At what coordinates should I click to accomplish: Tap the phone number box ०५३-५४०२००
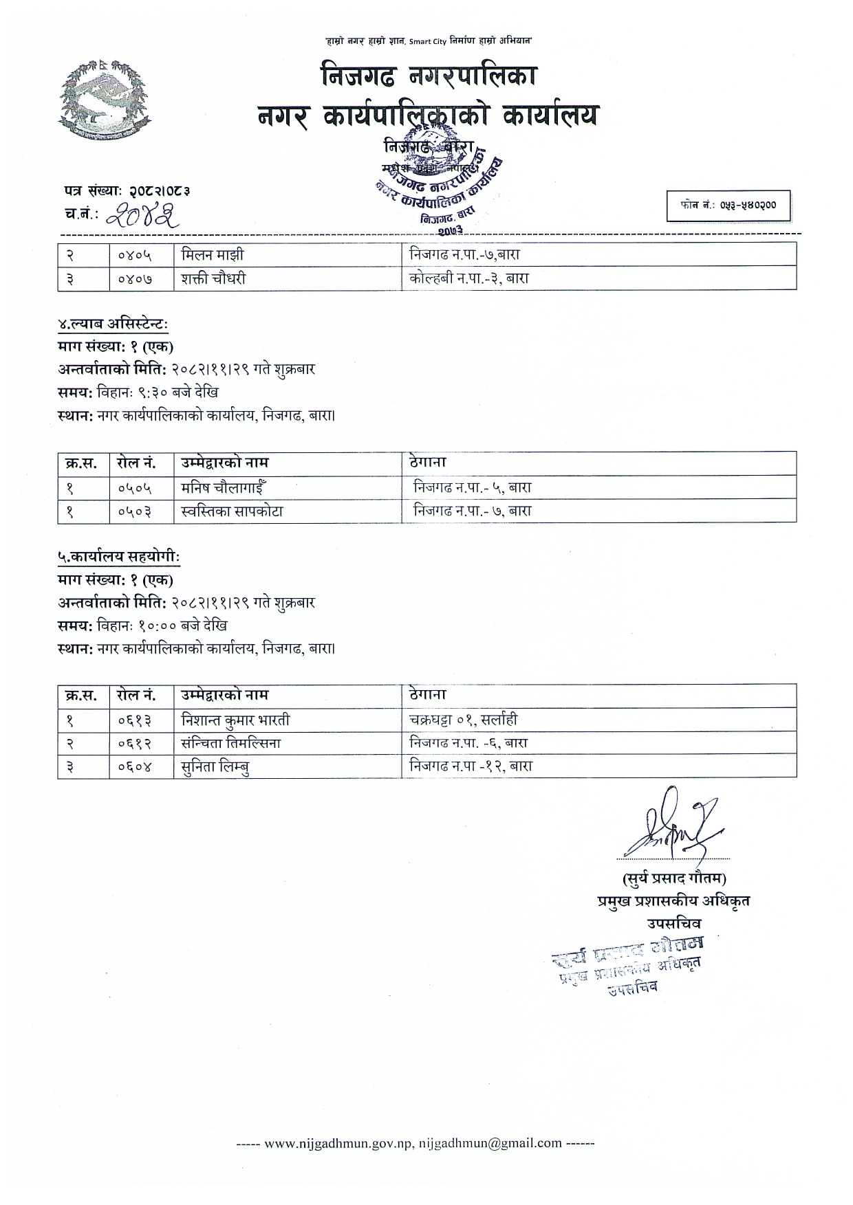(728, 205)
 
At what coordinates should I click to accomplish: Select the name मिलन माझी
(213, 255)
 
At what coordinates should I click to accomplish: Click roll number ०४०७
(135, 278)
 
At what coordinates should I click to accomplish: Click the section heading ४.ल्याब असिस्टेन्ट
(113, 324)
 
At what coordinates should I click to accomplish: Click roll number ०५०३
(135, 511)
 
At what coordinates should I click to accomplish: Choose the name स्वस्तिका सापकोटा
(232, 511)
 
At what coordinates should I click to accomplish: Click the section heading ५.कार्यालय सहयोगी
(118, 557)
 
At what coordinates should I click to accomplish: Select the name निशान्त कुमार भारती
(235, 720)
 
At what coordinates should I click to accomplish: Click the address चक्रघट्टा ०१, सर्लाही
(462, 720)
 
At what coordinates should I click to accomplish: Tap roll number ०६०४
(135, 766)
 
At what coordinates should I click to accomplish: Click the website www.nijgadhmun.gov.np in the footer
(338, 1143)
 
